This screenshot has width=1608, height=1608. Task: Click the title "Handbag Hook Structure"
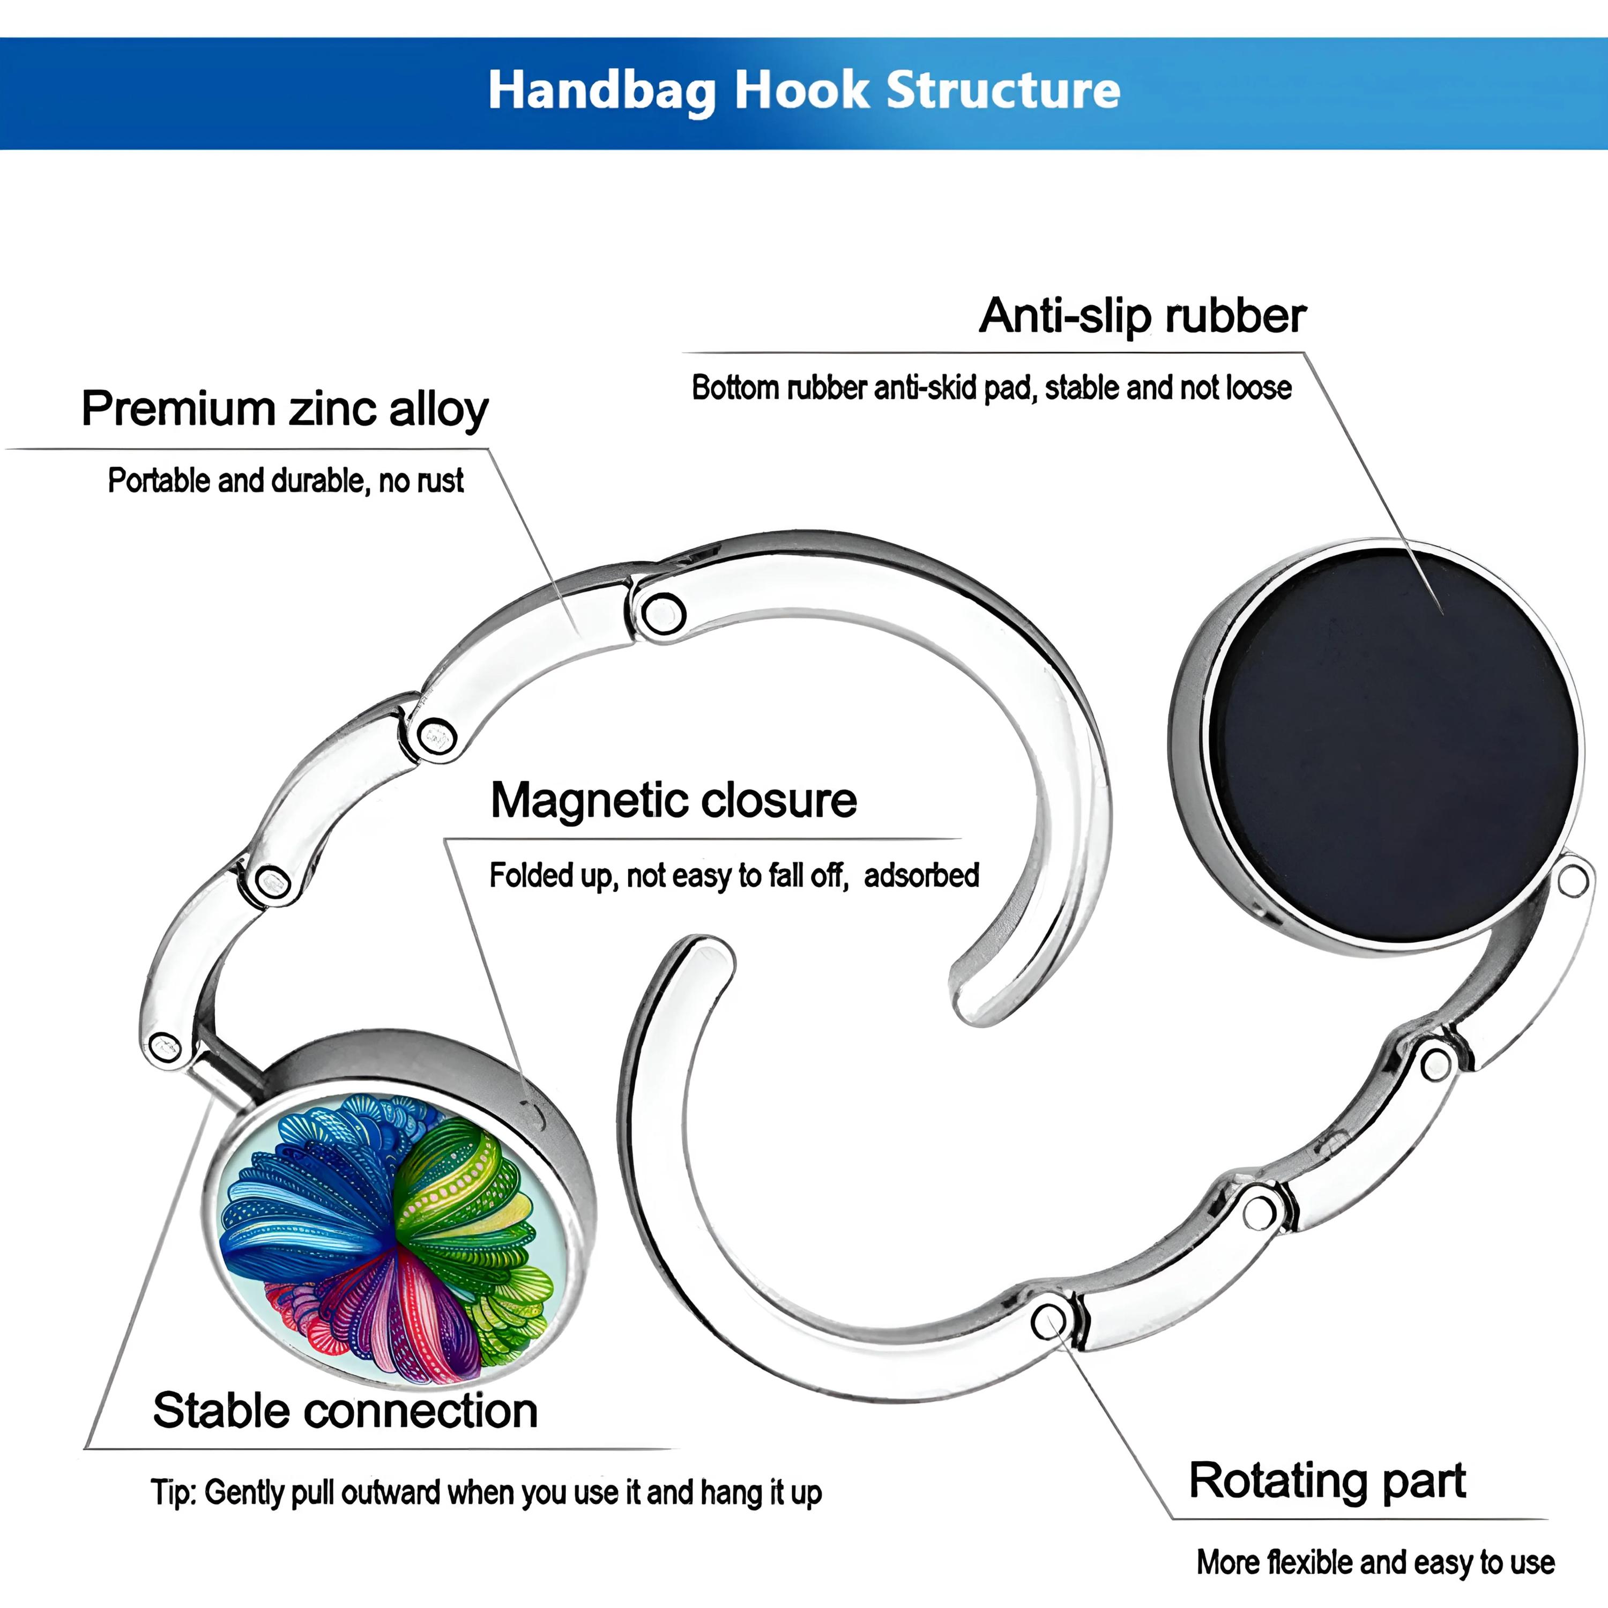pos(804,90)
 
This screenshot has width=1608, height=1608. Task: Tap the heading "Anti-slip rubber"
pos(1142,316)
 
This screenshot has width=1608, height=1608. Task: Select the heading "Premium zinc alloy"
pos(285,410)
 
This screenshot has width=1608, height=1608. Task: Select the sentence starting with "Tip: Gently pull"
pos(486,1492)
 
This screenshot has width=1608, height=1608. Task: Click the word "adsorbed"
pos(921,875)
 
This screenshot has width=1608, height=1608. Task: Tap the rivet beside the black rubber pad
pos(1572,880)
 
